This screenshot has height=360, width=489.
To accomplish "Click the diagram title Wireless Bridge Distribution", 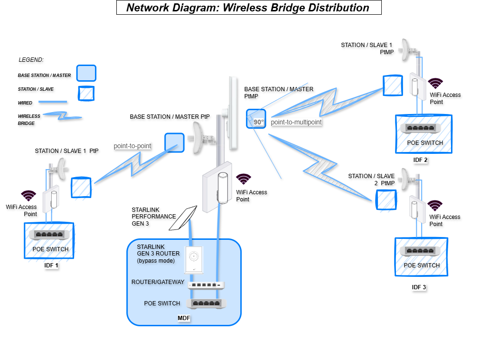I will click(x=248, y=8).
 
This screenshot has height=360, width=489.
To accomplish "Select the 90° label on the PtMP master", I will click(x=258, y=122).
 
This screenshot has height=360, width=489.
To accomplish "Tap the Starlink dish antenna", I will click(x=184, y=218).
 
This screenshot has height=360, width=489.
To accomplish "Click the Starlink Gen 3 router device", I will click(x=193, y=260).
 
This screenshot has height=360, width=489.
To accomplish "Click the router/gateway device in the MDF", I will click(x=206, y=285).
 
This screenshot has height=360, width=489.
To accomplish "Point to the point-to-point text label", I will click(x=132, y=146).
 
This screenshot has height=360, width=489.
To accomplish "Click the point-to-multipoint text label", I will click(x=296, y=122).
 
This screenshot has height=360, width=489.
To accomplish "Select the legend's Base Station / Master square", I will click(x=86, y=74).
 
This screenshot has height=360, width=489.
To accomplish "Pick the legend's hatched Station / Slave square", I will click(x=86, y=93).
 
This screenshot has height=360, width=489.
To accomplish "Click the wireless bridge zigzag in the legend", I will click(x=62, y=116).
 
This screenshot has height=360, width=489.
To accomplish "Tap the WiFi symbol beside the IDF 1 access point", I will click(x=29, y=195).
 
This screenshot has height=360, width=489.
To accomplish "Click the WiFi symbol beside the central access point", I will click(x=244, y=179).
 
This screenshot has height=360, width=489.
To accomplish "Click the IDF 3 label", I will click(x=419, y=287).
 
